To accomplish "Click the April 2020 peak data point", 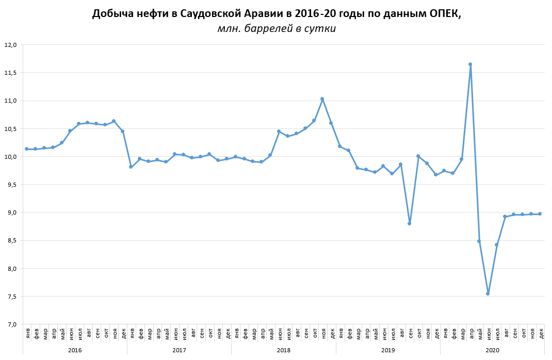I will pos(470,64).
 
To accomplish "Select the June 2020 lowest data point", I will pos(488,293).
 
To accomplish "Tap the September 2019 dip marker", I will pos(409,223).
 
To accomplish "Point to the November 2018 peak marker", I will pos(322,99).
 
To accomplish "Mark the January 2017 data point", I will pos(131,167).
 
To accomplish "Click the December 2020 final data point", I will pos(540,214).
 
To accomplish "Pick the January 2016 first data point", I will pos(26,149).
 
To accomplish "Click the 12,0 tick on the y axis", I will pos(11,45).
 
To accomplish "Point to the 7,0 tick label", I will pos(11,324).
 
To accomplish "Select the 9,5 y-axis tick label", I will pos(11,185).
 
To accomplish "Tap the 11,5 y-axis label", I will pos(11,73).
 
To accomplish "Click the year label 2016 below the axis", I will pos(75,350).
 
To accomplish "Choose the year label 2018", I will pos(283,350).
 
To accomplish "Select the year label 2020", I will pos(492,350).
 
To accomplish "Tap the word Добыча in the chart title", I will pos(112,14).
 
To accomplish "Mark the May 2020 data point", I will pos(479,241).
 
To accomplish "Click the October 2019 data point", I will pos(418,156).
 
